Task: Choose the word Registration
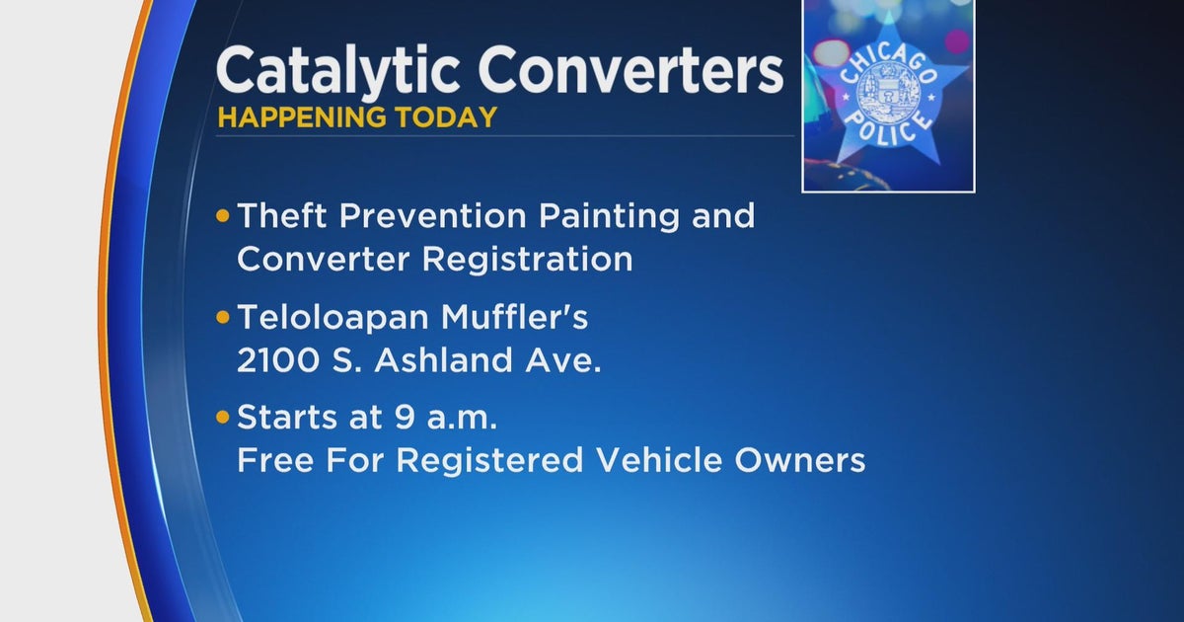[527, 259]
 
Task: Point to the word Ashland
[455, 361]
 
